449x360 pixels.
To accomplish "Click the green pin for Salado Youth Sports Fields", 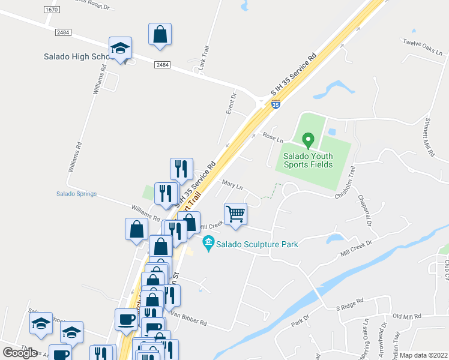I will tap(309, 140).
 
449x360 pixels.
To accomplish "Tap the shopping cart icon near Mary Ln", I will tap(235, 214).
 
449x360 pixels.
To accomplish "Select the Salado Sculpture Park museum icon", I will tap(209, 244).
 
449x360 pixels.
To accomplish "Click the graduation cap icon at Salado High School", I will tap(120, 49).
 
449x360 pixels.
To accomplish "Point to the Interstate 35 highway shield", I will tap(276, 104).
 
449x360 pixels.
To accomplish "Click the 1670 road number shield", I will tap(52, 10).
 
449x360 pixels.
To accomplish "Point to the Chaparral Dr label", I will tap(365, 210).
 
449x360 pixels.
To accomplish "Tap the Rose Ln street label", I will tap(273, 137).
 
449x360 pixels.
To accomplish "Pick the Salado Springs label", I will tap(76, 194).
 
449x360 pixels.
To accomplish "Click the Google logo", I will tap(20, 352).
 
